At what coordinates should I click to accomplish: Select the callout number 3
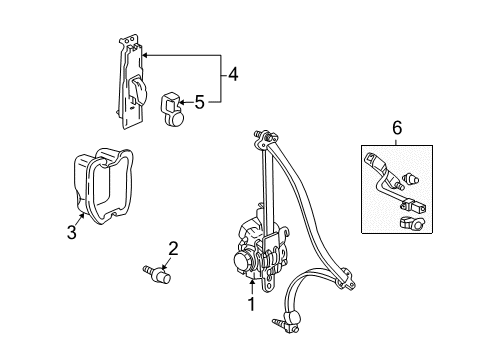coord(70,232)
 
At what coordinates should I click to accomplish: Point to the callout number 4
coord(233,72)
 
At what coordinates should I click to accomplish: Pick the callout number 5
coord(199,100)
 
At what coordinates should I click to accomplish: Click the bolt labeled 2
coord(156,271)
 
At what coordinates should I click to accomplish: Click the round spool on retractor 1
coord(242,262)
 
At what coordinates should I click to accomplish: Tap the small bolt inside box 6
coord(410,180)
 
